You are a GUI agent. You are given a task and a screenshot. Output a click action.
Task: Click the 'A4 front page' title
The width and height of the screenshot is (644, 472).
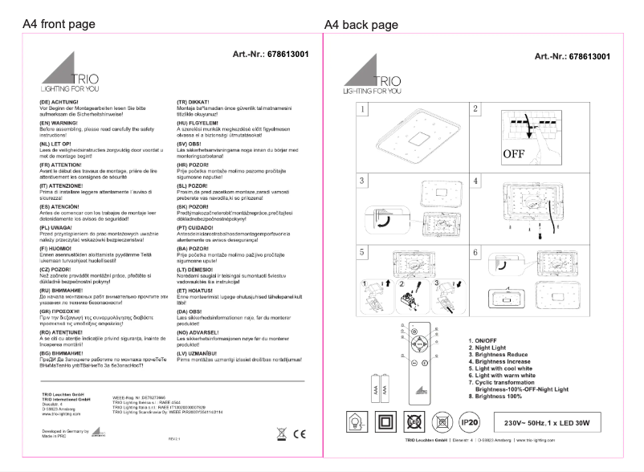[61, 25]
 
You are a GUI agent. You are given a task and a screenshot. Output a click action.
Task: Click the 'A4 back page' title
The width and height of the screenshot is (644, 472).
[361, 25]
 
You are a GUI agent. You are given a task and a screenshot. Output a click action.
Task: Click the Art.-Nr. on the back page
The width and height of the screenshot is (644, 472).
[572, 56]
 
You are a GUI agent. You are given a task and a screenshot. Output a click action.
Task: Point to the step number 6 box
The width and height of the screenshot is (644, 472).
[476, 252]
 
